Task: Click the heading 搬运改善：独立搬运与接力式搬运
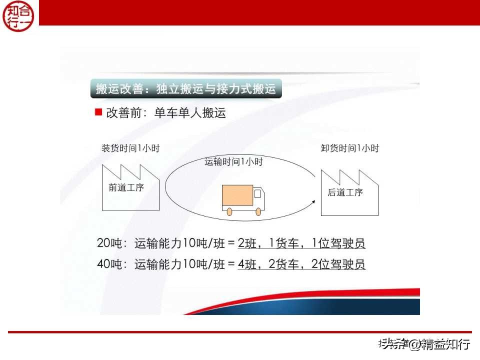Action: [x=186, y=89]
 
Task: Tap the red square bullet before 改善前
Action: [x=98, y=111]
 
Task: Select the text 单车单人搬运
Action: [x=190, y=112]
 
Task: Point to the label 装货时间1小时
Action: [x=130, y=148]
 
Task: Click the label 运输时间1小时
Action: [x=233, y=161]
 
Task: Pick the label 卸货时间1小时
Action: [x=349, y=148]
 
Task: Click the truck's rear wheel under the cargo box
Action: [x=229, y=211]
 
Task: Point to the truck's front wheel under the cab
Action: [x=258, y=211]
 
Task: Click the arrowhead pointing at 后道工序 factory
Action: [x=314, y=200]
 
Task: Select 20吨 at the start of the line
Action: [x=108, y=244]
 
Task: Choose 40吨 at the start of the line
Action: [x=108, y=264]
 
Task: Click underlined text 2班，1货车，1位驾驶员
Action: [x=301, y=244]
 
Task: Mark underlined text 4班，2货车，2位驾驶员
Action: [x=301, y=264]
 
